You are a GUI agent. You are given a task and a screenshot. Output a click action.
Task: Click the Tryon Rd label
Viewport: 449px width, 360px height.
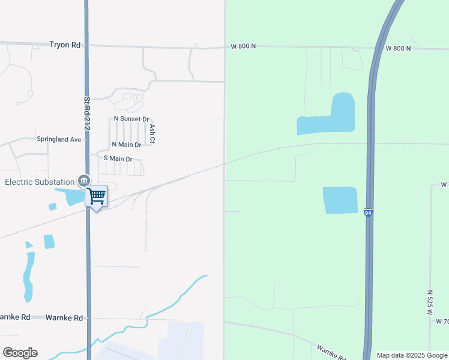tap(64, 45)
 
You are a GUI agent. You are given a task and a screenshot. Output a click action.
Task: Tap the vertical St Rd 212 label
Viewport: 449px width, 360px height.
tap(86, 114)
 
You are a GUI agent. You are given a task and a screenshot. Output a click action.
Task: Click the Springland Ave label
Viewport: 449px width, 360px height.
tap(59, 139)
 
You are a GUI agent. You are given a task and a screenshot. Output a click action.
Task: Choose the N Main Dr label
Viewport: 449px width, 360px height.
tap(126, 145)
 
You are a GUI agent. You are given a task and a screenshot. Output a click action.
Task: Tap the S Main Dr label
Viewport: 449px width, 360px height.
tap(118, 158)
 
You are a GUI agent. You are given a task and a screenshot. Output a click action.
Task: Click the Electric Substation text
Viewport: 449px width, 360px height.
tap(39, 182)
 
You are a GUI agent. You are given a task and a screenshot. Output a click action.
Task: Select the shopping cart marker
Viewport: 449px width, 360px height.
tap(96, 196)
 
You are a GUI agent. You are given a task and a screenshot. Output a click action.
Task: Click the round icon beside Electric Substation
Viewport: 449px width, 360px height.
tap(83, 181)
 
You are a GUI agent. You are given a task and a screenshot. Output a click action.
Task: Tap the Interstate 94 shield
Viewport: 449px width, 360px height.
tap(368, 213)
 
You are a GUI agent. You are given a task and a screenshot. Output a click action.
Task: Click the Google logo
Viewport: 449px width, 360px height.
tap(20, 353)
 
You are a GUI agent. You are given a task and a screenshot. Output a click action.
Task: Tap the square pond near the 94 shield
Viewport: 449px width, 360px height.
tap(340, 200)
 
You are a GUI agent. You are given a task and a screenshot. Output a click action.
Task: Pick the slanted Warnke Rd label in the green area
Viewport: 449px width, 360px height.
tap(331, 352)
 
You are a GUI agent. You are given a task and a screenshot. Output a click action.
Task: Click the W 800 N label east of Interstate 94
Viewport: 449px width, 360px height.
tap(399, 48)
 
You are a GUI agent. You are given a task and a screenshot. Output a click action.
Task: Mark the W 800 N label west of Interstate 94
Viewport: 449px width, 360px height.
tap(244, 46)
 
